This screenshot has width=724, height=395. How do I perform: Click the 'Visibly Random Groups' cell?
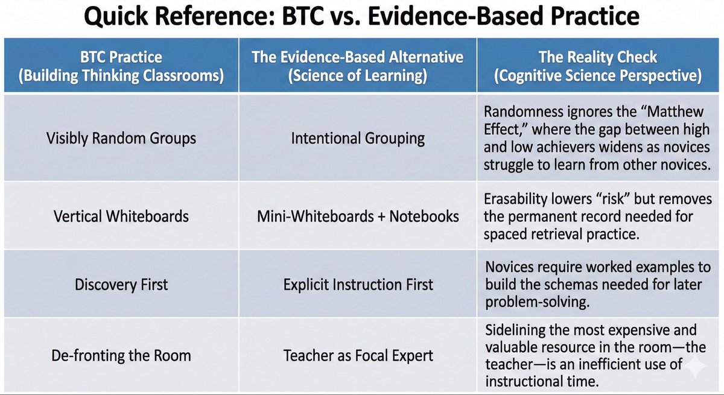pyautogui.click(x=121, y=138)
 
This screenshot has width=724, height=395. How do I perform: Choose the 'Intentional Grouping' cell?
pyautogui.click(x=358, y=138)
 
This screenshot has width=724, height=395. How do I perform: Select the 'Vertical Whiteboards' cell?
pyautogui.click(x=121, y=215)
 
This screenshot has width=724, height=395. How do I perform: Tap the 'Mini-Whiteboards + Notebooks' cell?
pyautogui.click(x=358, y=215)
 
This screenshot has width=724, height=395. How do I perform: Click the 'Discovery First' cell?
pyautogui.click(x=121, y=284)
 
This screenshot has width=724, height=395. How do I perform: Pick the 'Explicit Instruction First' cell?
pyautogui.click(x=358, y=284)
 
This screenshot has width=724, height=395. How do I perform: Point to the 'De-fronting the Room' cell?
pyautogui.click(x=121, y=355)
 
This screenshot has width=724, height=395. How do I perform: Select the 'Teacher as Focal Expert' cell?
pyautogui.click(x=358, y=355)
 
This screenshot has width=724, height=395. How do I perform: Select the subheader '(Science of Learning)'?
pyautogui.click(x=358, y=77)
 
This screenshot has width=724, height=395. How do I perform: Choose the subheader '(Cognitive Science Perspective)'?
pyautogui.click(x=597, y=77)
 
